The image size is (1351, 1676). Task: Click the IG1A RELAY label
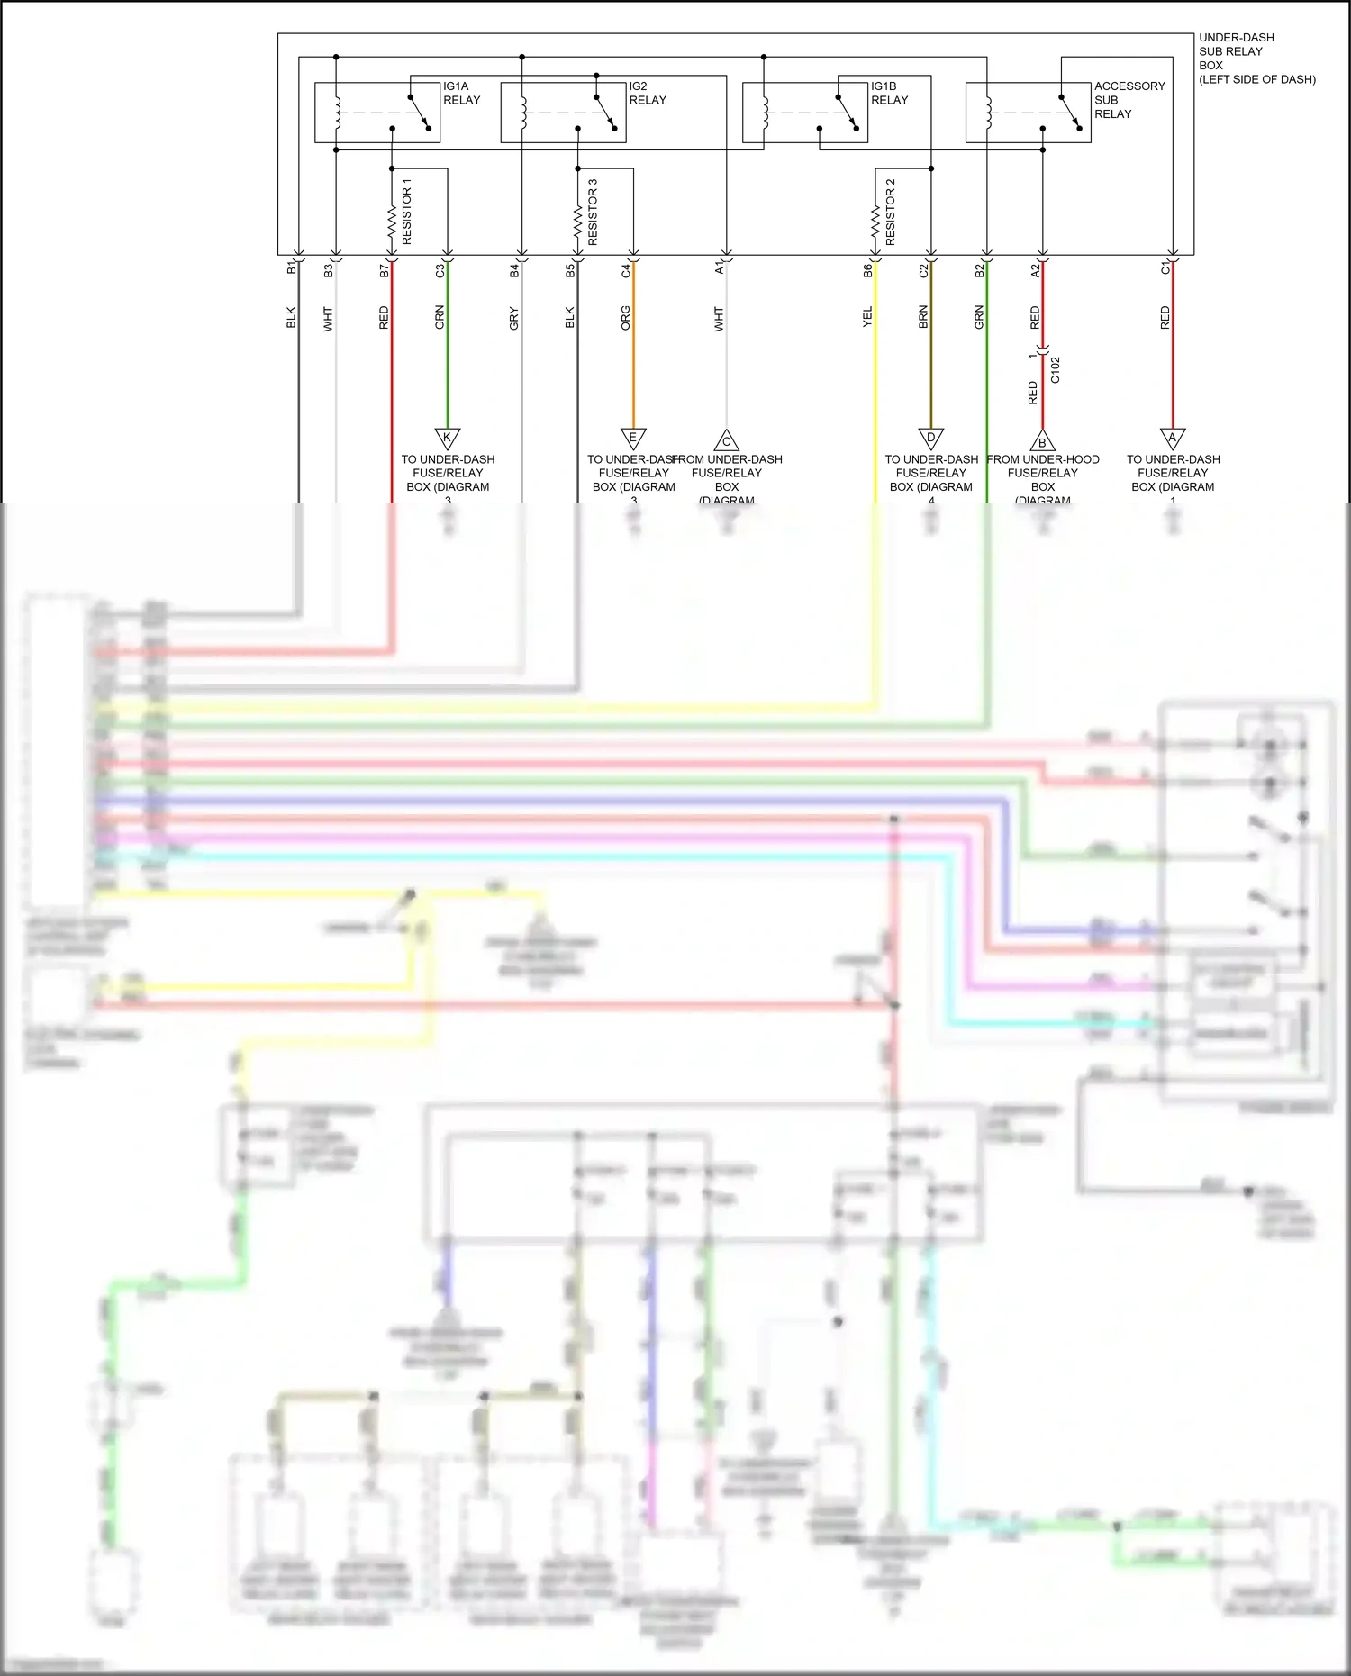[x=461, y=94]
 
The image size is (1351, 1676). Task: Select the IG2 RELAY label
[x=647, y=94]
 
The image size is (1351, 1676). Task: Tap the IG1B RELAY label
[x=889, y=94]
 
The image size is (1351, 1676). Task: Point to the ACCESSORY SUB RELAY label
[x=1129, y=100]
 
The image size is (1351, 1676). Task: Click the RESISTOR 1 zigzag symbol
[x=392, y=220]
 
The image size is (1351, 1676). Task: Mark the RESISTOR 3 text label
[x=593, y=212]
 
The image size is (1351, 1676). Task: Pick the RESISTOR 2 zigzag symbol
[x=875, y=220]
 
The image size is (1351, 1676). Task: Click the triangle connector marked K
[x=448, y=439]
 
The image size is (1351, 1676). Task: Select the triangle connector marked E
[x=633, y=439]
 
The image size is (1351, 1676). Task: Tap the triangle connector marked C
[x=727, y=441]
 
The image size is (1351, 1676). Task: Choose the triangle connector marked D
[x=930, y=439]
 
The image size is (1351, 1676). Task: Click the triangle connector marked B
[x=1042, y=441]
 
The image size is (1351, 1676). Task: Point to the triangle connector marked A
[x=1172, y=439]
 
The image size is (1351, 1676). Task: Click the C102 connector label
[x=1056, y=370]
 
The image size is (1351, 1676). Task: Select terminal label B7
[x=385, y=269]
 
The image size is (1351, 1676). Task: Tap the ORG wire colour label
[x=626, y=318]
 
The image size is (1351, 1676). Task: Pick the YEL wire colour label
[x=867, y=317]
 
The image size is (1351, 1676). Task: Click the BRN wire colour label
[x=923, y=317]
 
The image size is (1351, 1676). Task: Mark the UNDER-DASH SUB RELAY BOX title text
[x=1256, y=59]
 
